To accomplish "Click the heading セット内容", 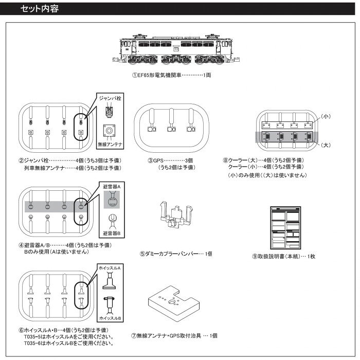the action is point(40,9).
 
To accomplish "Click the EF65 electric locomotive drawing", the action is point(176,49).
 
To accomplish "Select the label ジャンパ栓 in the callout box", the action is point(110,98).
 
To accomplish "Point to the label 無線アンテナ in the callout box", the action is point(110,145).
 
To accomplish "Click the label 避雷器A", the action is point(112,187).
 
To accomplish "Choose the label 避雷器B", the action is point(112,233).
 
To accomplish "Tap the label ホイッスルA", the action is point(110,268).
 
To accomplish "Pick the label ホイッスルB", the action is point(110,318).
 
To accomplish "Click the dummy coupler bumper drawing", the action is point(176,214).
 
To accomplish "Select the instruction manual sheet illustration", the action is point(285,228).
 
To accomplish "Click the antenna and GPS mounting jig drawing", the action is point(174,303).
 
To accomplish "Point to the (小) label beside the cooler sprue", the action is point(326,116).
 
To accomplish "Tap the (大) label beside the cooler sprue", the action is point(326,145).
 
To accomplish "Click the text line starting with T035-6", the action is point(69,344).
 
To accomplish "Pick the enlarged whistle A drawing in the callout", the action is point(109,280).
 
